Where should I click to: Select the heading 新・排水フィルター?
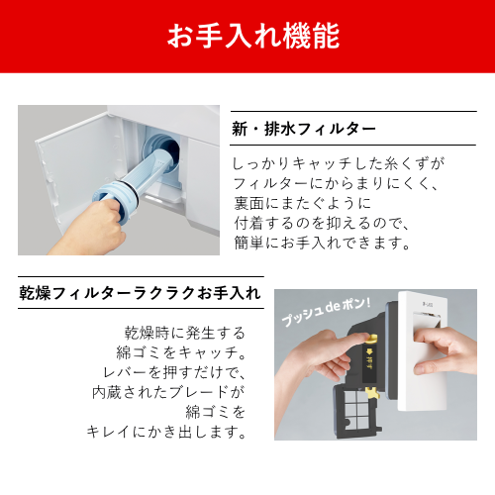click(x=303, y=130)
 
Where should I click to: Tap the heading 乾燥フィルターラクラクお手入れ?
click(x=141, y=293)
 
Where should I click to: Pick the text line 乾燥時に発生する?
click(x=185, y=332)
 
